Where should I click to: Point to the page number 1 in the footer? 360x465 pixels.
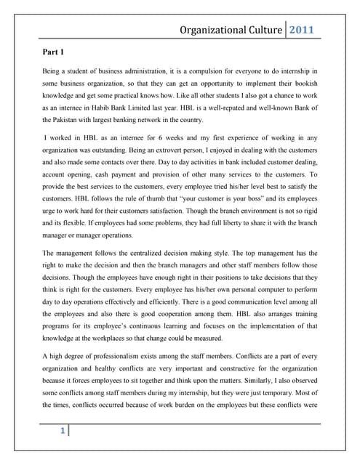click(x=62, y=431)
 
